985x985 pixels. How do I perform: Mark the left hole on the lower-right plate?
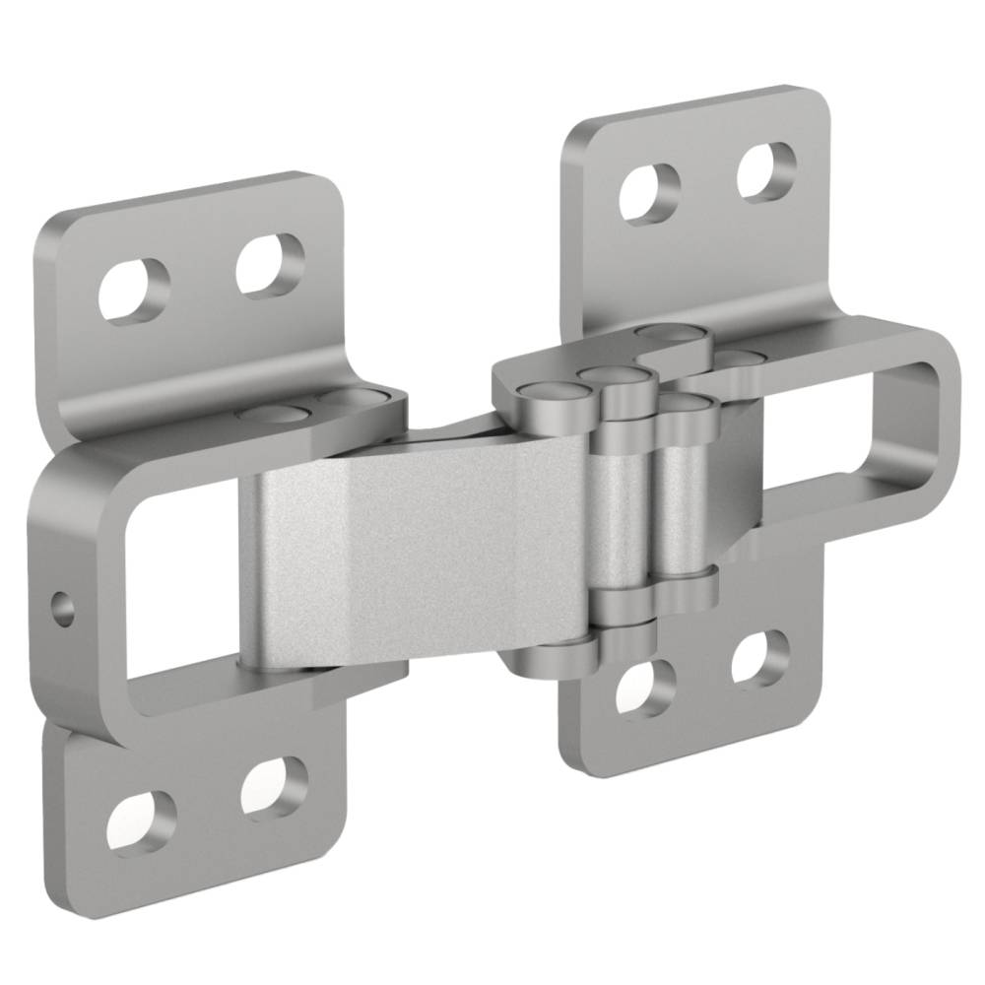[645, 689]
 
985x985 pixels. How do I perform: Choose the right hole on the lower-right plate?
[761, 656]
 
